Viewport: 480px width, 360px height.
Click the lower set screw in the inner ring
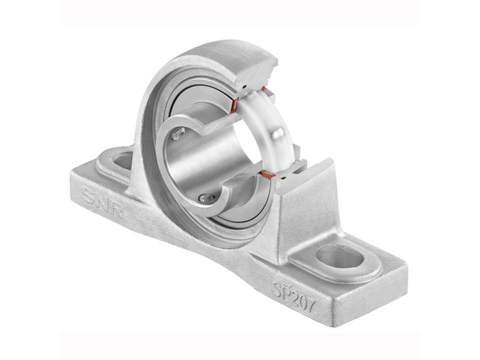[206, 197]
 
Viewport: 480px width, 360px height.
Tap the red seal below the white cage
[268, 175]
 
